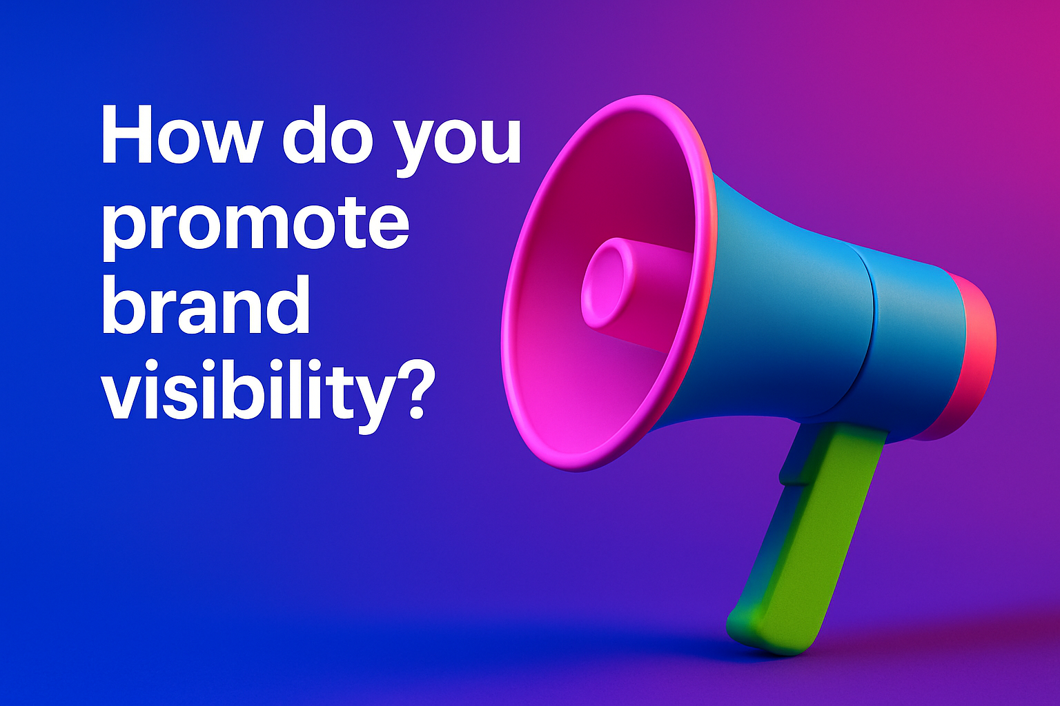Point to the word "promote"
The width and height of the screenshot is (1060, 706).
[255, 227]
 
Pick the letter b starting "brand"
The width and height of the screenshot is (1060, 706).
[126, 305]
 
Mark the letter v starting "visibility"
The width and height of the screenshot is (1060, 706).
[125, 395]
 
